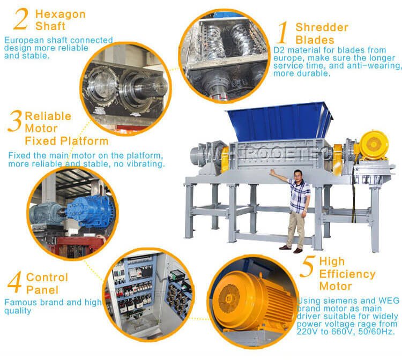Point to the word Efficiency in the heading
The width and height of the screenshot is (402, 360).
pyautogui.click(x=347, y=274)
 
